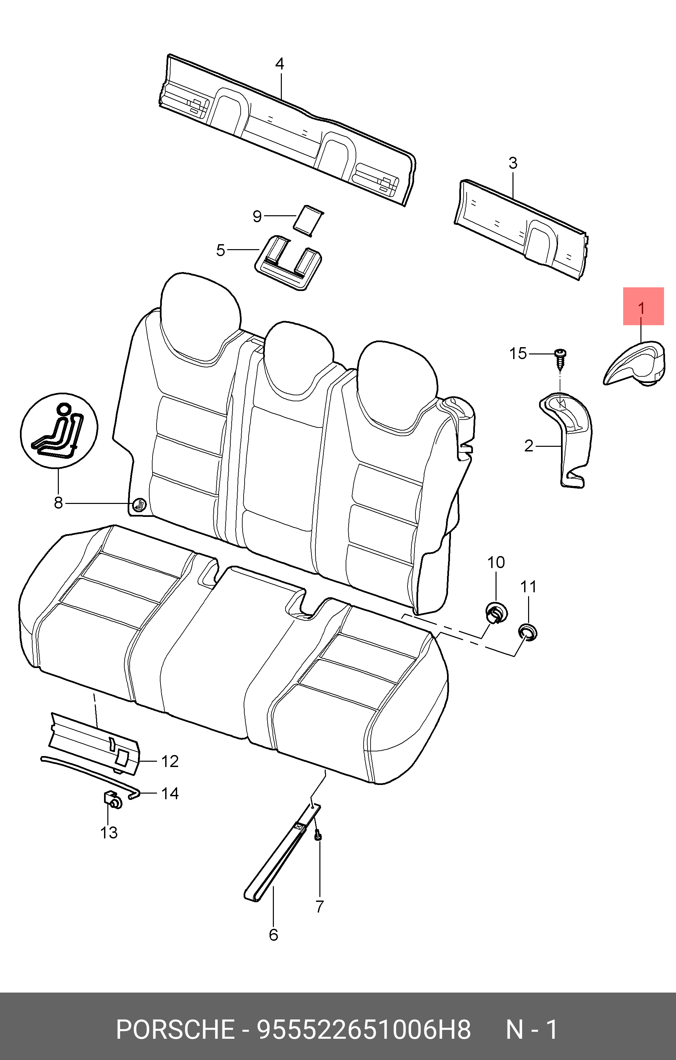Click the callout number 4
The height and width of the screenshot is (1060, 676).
point(280,64)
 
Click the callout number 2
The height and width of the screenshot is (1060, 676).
point(529,446)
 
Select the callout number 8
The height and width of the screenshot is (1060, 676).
point(58,503)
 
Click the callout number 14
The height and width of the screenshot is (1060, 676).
point(170,793)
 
